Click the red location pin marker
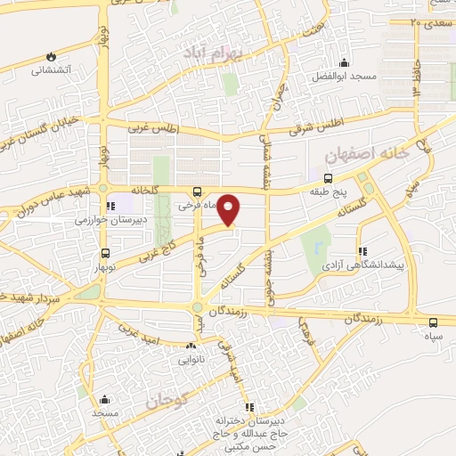[x=230, y=210]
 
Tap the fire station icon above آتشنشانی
[x=51, y=54]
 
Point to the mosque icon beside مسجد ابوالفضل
[x=343, y=63]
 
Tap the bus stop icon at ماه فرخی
[x=197, y=191]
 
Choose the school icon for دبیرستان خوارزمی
[x=110, y=205]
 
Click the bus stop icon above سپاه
[x=433, y=322]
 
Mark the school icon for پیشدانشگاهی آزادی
[x=361, y=252]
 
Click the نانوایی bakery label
[x=191, y=361]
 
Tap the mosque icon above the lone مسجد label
[x=104, y=399]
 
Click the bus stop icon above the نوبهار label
[x=106, y=254]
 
